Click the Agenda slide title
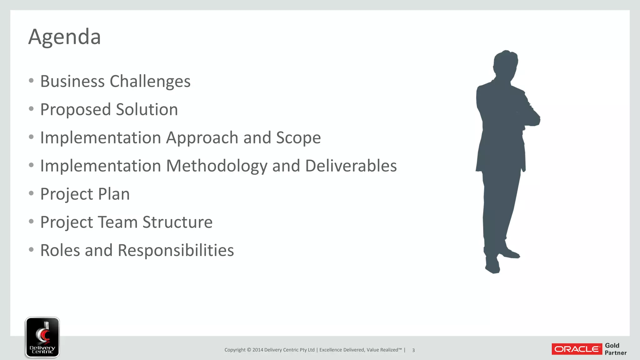coord(65,37)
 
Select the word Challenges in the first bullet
coord(150,82)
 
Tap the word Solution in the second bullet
coord(147,110)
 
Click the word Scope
coord(298,138)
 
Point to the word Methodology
coord(217,166)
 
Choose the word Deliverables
coord(351,166)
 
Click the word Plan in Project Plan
coord(114,194)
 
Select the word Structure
coord(177,222)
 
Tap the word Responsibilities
coord(176,251)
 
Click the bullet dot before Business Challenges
coord(31,81)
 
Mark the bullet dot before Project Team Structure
coord(31,222)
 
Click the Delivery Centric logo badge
coord(42,337)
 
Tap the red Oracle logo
coord(577,349)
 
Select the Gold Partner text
coord(615,349)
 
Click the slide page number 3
coord(413,350)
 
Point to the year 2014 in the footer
coord(258,350)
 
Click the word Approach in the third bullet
coord(202,138)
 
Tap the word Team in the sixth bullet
coord(118,222)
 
